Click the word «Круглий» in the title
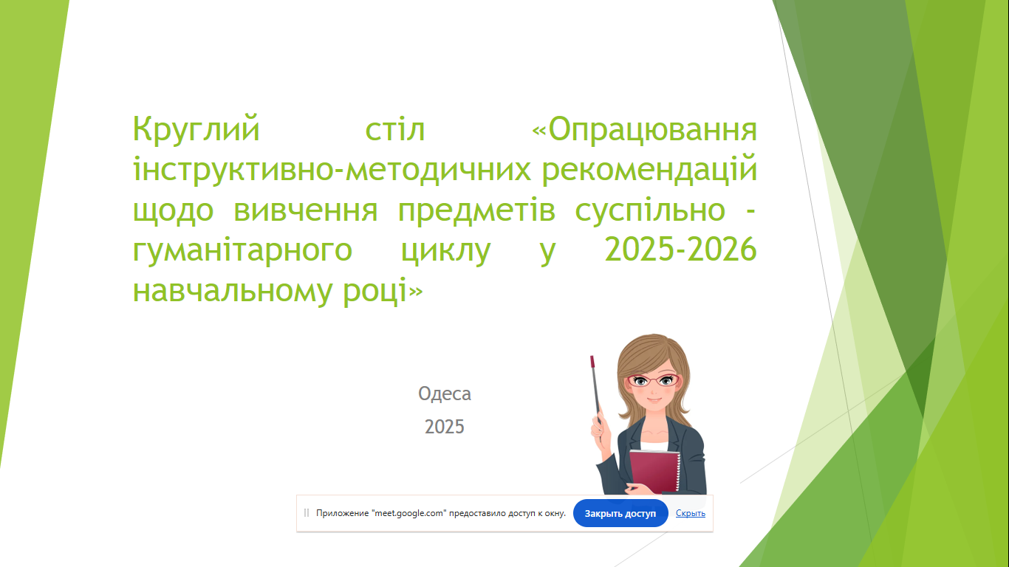(196, 130)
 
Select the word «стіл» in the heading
(395, 130)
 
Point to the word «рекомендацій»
(649, 170)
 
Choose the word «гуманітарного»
(242, 251)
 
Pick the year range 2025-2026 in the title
(680, 249)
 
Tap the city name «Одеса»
(445, 394)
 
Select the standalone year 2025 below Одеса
(444, 427)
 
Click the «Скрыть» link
(691, 513)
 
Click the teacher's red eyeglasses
(653, 380)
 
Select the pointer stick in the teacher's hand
(596, 390)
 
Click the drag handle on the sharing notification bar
(307, 513)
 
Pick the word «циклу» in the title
(446, 251)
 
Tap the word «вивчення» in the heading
(306, 210)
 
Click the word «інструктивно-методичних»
(332, 170)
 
